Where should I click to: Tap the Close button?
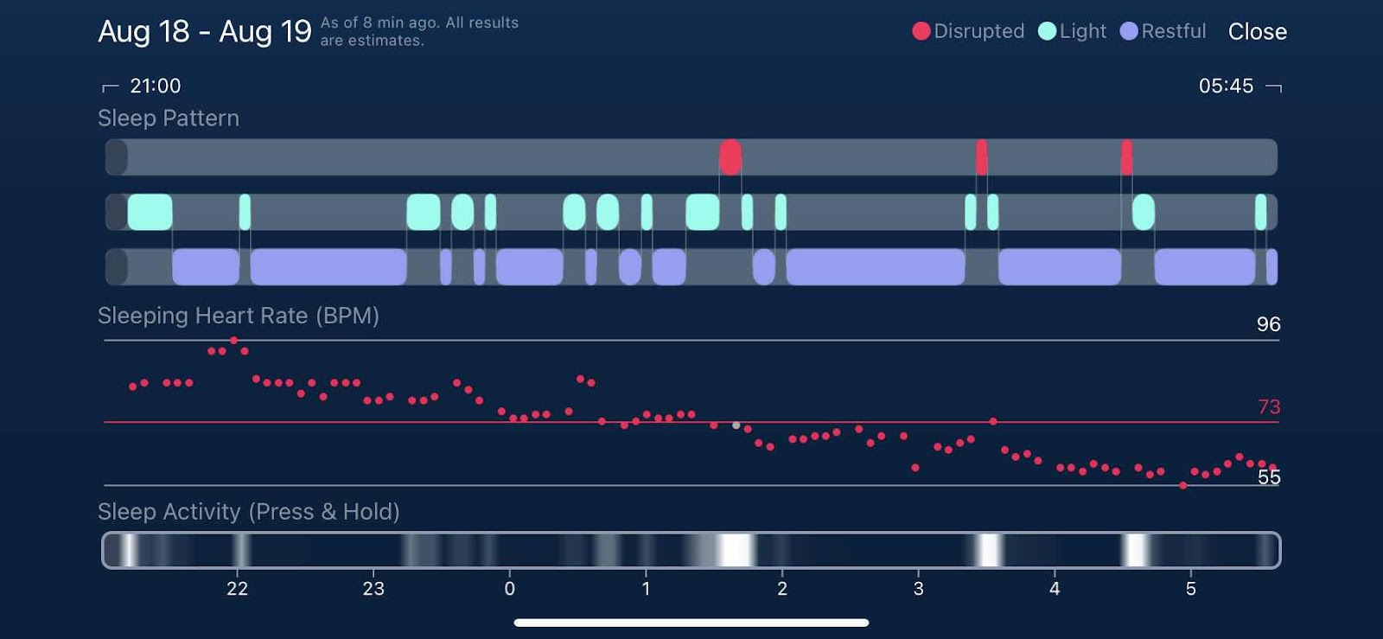point(1257,32)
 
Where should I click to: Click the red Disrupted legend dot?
point(921,31)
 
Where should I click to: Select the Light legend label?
point(1082,31)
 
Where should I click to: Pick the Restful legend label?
point(1173,31)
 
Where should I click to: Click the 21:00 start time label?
point(155,86)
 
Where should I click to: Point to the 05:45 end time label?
point(1225,86)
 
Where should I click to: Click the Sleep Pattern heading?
point(169,118)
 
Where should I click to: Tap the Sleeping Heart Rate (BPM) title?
point(238,316)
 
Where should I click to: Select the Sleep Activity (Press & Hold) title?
point(248,512)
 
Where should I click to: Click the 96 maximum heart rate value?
point(1268,324)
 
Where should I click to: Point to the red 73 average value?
point(1268,406)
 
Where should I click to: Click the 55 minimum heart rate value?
point(1268,476)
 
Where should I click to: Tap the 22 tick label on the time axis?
point(237,589)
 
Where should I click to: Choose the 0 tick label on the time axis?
point(509,589)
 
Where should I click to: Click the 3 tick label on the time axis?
point(918,589)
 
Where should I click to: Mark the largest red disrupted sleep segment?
point(730,157)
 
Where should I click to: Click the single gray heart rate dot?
point(736,425)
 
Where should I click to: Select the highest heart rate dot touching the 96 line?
point(233,341)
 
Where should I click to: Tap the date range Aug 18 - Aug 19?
point(204,32)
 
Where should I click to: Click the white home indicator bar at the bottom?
point(691,623)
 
